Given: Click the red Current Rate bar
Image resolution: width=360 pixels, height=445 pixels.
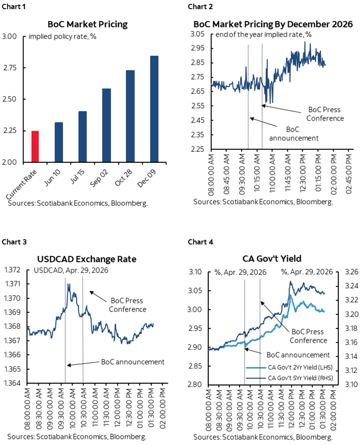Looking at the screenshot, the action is coord(35,146).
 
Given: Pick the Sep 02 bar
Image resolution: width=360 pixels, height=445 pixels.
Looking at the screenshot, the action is coord(106,125).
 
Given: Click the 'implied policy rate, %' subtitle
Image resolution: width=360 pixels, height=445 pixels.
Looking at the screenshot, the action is coord(62,36).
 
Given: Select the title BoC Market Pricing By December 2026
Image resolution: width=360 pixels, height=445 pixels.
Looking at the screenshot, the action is coord(273,23).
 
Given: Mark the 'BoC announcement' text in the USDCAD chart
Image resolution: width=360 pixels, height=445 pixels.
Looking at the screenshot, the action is coord(133,361).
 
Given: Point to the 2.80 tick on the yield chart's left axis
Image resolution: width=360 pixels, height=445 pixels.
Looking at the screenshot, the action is coord(196,385).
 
